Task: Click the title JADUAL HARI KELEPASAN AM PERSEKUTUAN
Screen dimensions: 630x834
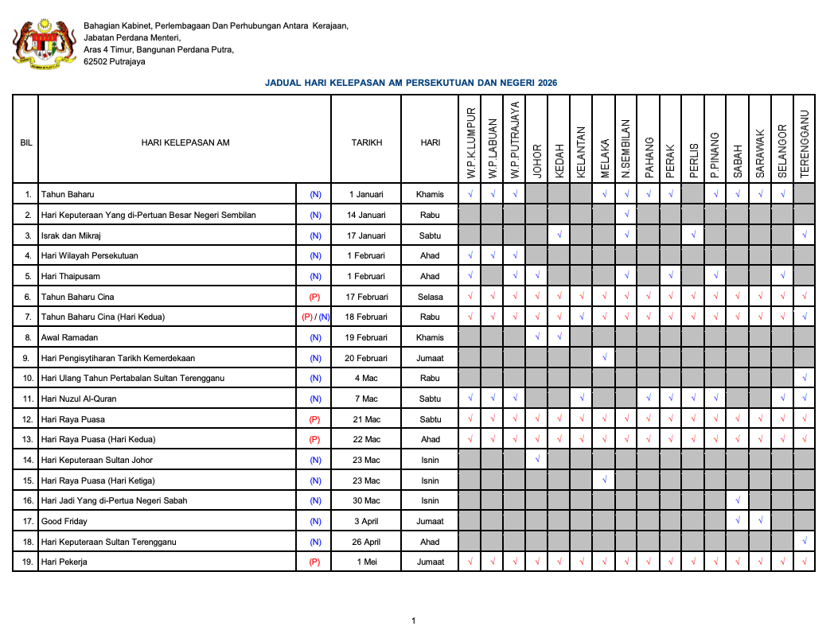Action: (411, 83)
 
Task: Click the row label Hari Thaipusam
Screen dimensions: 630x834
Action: (73, 276)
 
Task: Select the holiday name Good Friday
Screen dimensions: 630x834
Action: (64, 521)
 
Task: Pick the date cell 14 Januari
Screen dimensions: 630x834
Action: (367, 215)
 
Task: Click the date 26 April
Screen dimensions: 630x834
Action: (367, 542)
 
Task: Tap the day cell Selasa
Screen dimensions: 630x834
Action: (430, 297)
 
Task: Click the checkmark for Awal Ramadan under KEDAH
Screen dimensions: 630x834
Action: (560, 337)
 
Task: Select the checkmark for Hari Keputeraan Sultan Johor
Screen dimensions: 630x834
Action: (538, 460)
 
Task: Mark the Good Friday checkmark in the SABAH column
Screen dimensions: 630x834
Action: (739, 521)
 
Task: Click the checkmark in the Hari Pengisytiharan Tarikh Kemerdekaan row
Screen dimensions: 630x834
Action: (605, 358)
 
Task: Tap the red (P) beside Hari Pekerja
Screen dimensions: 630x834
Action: (315, 562)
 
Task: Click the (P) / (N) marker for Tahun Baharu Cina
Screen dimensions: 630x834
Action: (315, 317)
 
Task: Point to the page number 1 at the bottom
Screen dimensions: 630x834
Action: (414, 620)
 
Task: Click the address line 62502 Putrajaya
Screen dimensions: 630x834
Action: (115, 61)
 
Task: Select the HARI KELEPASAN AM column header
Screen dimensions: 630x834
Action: (185, 142)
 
